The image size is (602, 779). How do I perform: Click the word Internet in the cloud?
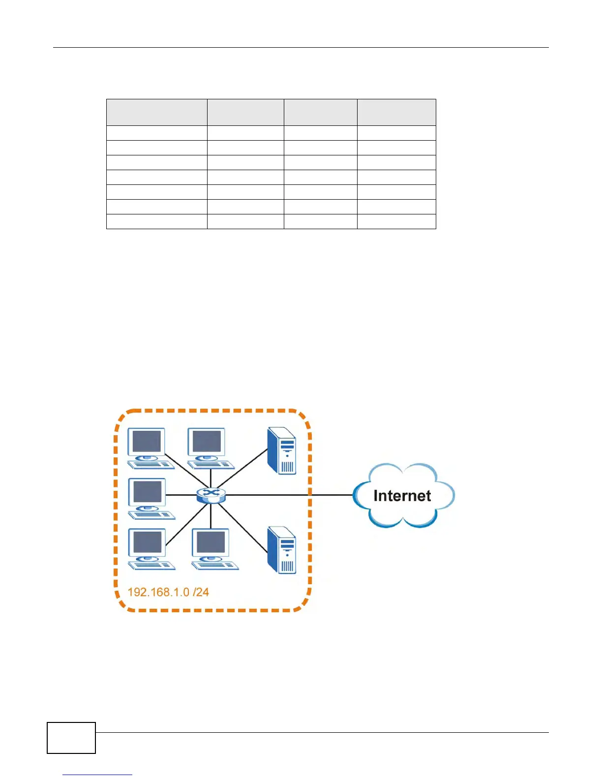coord(402,496)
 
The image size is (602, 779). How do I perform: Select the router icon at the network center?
coord(211,495)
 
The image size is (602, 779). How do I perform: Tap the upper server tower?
coord(281,450)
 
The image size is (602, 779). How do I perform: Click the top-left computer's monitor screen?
coord(147,442)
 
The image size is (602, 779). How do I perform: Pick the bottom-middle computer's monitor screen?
coord(211,543)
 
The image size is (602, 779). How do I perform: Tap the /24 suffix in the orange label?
coord(201,592)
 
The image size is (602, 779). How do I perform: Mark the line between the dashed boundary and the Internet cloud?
coord(332,495)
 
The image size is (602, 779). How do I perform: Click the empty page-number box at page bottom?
coord(71,738)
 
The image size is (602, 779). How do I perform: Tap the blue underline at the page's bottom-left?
coord(97,775)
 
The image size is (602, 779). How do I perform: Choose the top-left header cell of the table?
coord(156,112)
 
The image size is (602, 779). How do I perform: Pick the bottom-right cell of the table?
coord(396,221)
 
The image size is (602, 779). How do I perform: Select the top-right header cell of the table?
coord(396,112)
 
